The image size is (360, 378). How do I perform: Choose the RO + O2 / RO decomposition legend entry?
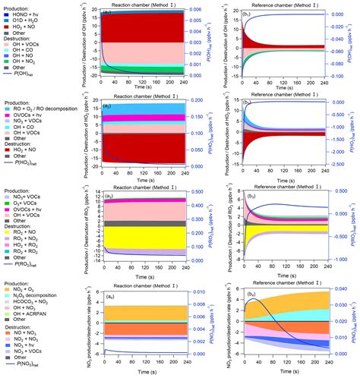[43, 110]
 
